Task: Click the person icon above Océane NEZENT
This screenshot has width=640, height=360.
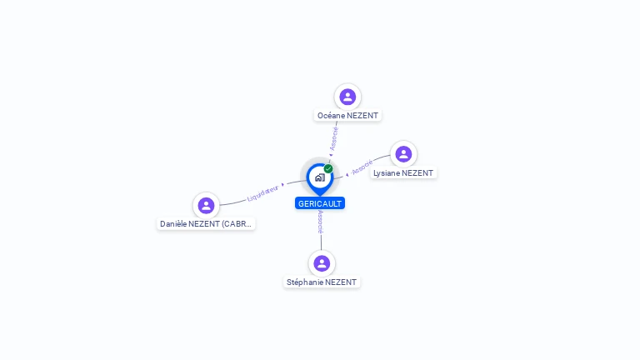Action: pyautogui.click(x=347, y=97)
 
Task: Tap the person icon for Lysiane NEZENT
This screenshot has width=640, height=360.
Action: pyautogui.click(x=403, y=154)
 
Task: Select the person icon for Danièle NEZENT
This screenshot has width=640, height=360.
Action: pyautogui.click(x=206, y=205)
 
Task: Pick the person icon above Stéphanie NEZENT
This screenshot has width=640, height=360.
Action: pyautogui.click(x=321, y=263)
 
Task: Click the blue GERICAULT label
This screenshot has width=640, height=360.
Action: pyautogui.click(x=320, y=203)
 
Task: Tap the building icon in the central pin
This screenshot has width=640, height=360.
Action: pyautogui.click(x=319, y=177)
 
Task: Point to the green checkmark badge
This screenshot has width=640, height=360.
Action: pyautogui.click(x=328, y=168)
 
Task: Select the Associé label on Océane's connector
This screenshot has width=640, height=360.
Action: pyautogui.click(x=333, y=137)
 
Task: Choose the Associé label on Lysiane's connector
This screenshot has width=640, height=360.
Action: pyautogui.click(x=362, y=167)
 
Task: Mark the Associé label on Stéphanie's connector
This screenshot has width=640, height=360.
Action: pyautogui.click(x=320, y=221)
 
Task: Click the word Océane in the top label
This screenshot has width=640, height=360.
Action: pyautogui.click(x=332, y=115)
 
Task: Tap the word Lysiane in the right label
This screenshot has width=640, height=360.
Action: pyautogui.click(x=387, y=173)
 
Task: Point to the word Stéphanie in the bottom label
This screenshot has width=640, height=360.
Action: pyautogui.click(x=305, y=282)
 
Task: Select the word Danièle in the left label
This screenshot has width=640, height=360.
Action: pyautogui.click(x=174, y=224)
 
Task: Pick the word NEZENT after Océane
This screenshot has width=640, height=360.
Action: pyautogui.click(x=363, y=115)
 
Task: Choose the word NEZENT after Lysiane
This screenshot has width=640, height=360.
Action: pyautogui.click(x=417, y=173)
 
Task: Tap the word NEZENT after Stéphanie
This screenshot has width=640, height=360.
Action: pyautogui.click(x=341, y=282)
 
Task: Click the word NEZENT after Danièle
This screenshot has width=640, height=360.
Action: pyautogui.click(x=204, y=224)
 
